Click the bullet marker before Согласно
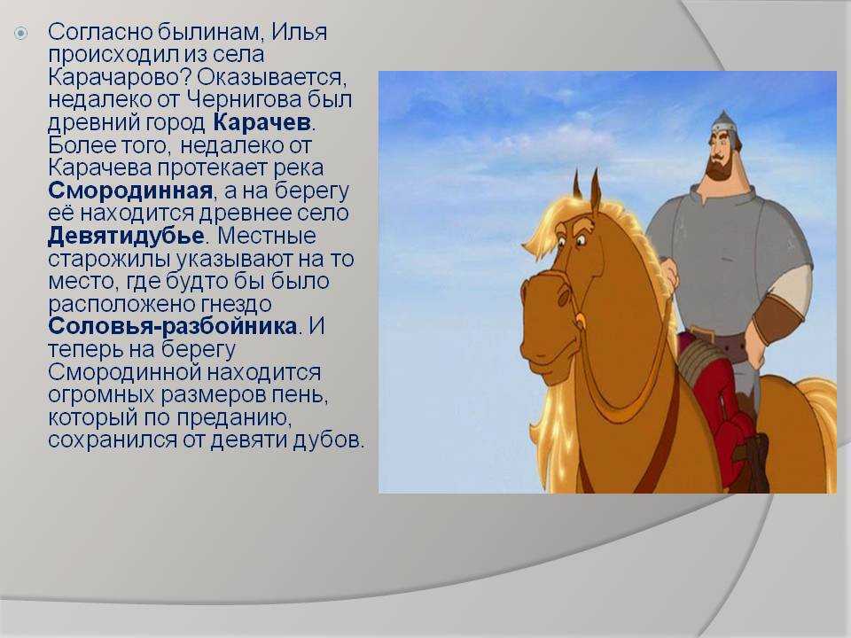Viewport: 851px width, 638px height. point(20,34)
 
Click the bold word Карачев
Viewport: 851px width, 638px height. point(262,122)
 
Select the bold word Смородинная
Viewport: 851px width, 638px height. point(130,191)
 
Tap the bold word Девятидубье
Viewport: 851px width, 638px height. point(126,236)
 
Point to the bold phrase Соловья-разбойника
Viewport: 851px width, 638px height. point(173,326)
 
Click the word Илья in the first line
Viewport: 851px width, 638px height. point(299,32)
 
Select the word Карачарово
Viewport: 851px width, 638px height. point(120,77)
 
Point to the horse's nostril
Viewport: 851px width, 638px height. point(565,296)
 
